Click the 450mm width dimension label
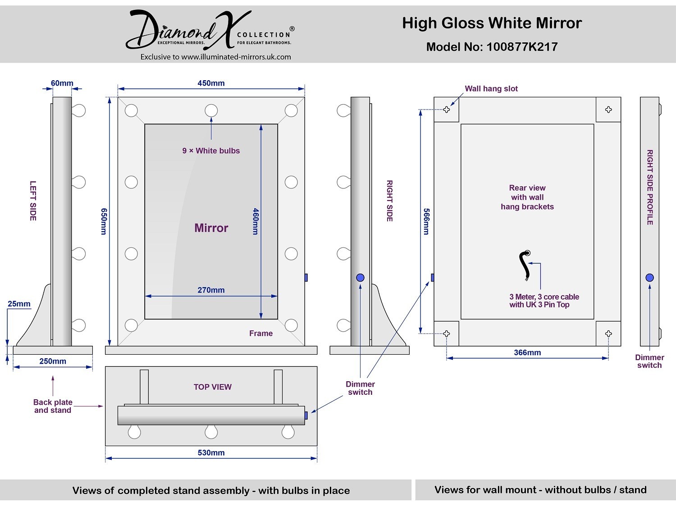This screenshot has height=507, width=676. (211, 83)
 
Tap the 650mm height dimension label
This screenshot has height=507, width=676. (104, 221)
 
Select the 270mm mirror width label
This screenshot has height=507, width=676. (211, 290)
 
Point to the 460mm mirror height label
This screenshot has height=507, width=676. (256, 221)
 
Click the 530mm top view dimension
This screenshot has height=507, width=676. (211, 452)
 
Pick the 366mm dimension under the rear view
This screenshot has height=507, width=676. (527, 352)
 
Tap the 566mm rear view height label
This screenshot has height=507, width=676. (426, 221)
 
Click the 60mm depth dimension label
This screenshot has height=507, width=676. (62, 83)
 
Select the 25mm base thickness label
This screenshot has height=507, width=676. (19, 304)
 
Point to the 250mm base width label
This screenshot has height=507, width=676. (53, 361)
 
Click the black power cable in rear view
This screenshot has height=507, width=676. (524, 265)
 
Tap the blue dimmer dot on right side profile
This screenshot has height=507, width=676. (649, 278)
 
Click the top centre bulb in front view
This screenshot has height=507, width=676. (211, 110)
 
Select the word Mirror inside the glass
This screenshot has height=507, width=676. (211, 228)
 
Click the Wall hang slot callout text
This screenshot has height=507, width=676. (491, 89)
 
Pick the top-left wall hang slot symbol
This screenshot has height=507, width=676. (447, 110)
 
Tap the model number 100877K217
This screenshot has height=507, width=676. (522, 47)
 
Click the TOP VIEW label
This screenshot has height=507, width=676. (213, 387)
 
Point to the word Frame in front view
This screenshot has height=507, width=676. (261, 333)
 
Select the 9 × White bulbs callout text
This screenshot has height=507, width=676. (211, 151)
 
